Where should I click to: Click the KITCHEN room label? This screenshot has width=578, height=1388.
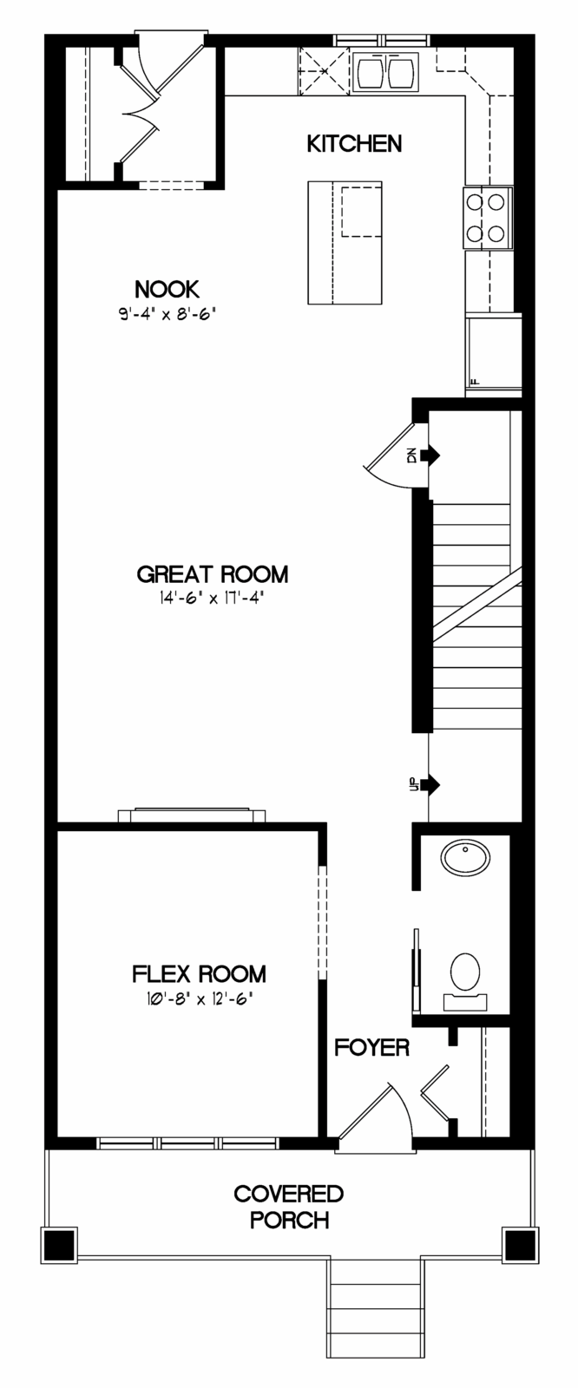pos(354,144)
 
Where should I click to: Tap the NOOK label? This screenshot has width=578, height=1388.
pos(167,290)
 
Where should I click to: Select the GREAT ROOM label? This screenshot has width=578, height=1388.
pos(213,574)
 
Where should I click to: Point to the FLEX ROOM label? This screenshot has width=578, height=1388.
pos(199,974)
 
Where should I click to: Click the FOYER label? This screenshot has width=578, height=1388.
pos(372,1048)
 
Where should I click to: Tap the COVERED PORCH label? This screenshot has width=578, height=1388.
pos(289,1207)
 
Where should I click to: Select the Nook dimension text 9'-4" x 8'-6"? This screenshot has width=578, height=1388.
pos(167,314)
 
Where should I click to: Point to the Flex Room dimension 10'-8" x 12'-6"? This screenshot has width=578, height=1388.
pos(199,998)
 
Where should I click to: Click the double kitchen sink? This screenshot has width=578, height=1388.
pos(385,71)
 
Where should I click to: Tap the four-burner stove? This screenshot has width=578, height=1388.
pos(488,218)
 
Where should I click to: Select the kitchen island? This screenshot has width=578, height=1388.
pos(345,242)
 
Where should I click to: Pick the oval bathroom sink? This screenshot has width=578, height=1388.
pos(465,858)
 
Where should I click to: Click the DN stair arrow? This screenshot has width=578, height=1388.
pos(430,455)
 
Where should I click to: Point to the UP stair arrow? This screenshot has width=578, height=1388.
pos(430,785)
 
